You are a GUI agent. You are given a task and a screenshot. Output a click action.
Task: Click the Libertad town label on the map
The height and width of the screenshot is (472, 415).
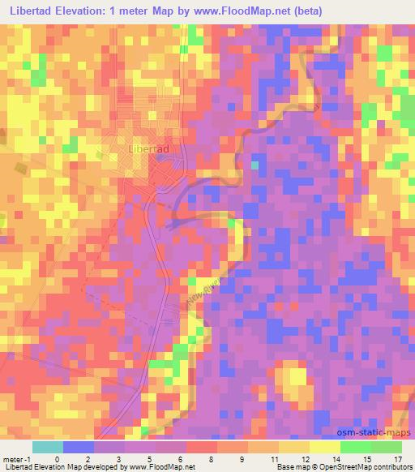(148, 150)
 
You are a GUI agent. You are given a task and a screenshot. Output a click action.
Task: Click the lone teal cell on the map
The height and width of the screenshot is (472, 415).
(255, 165)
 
